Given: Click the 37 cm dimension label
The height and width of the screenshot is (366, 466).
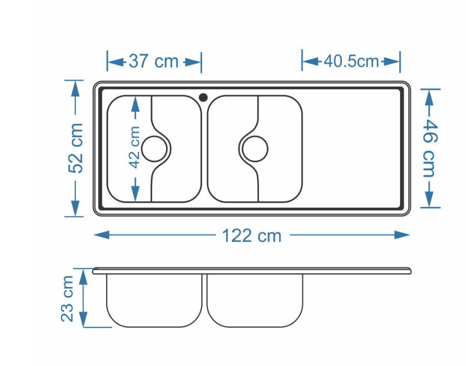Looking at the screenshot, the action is coord(153,61).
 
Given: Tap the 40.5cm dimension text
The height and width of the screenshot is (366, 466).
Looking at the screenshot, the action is coord(352,61).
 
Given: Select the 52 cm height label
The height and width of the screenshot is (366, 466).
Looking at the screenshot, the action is coord(75,148).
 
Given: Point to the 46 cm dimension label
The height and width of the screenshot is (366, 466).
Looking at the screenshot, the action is coord(430,148).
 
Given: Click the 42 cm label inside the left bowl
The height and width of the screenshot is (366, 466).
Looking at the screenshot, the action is coord(135,148).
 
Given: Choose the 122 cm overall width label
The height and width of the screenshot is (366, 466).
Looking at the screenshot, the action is coord(252,236).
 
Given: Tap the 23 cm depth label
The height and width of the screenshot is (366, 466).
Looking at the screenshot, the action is coord(67,299).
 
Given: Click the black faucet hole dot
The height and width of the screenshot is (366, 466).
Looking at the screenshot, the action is coord(203,97).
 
